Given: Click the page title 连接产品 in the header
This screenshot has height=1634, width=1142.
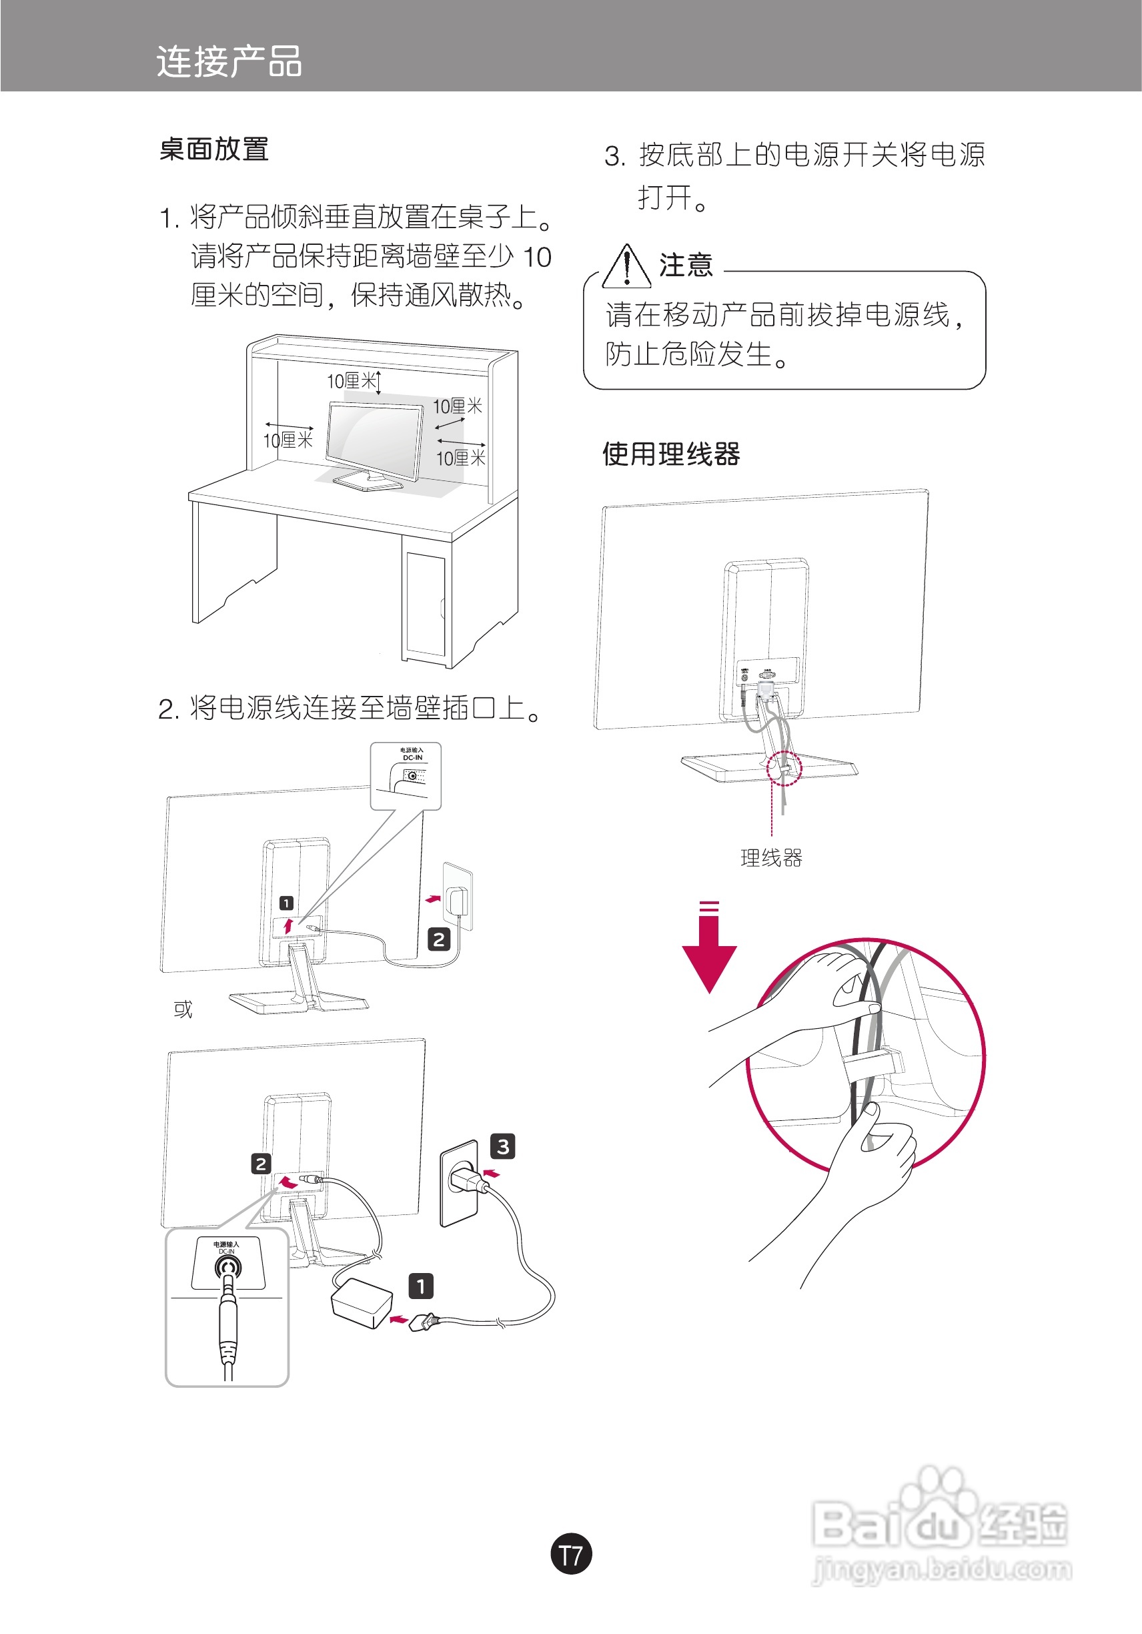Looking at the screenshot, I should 229,61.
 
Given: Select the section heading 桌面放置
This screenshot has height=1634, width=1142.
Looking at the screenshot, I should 213,149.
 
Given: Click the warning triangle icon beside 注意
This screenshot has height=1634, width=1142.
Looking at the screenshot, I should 626,268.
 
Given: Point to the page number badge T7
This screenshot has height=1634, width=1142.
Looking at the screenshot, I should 570,1555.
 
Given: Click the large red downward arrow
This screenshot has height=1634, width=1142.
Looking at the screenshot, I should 709,950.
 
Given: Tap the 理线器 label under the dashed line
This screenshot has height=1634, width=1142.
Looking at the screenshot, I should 771,857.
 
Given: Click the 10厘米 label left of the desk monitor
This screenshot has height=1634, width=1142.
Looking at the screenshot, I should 288,440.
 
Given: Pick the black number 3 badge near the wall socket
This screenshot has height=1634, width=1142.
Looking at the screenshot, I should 503,1146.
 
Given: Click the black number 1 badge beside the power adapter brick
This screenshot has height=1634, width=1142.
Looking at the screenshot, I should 420,1286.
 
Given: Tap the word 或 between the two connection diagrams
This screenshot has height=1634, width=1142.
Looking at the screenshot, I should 183,1009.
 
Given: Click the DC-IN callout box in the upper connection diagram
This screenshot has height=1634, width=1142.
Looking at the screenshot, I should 406,775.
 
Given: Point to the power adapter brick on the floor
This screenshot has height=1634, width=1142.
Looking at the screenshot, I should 362,1303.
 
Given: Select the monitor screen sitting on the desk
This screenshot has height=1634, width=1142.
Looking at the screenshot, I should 374,441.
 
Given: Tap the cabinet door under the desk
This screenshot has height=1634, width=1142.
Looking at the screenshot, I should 426,605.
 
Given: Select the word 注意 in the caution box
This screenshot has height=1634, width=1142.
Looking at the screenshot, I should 686,265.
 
